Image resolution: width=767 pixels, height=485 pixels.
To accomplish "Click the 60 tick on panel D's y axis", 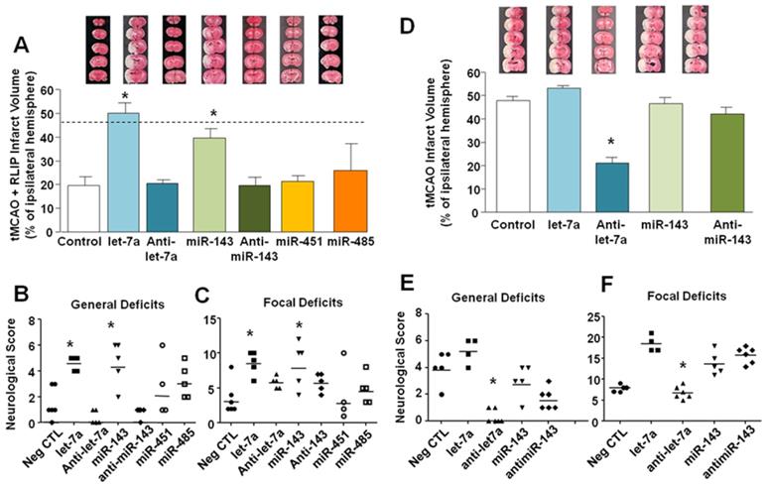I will (483, 72).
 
